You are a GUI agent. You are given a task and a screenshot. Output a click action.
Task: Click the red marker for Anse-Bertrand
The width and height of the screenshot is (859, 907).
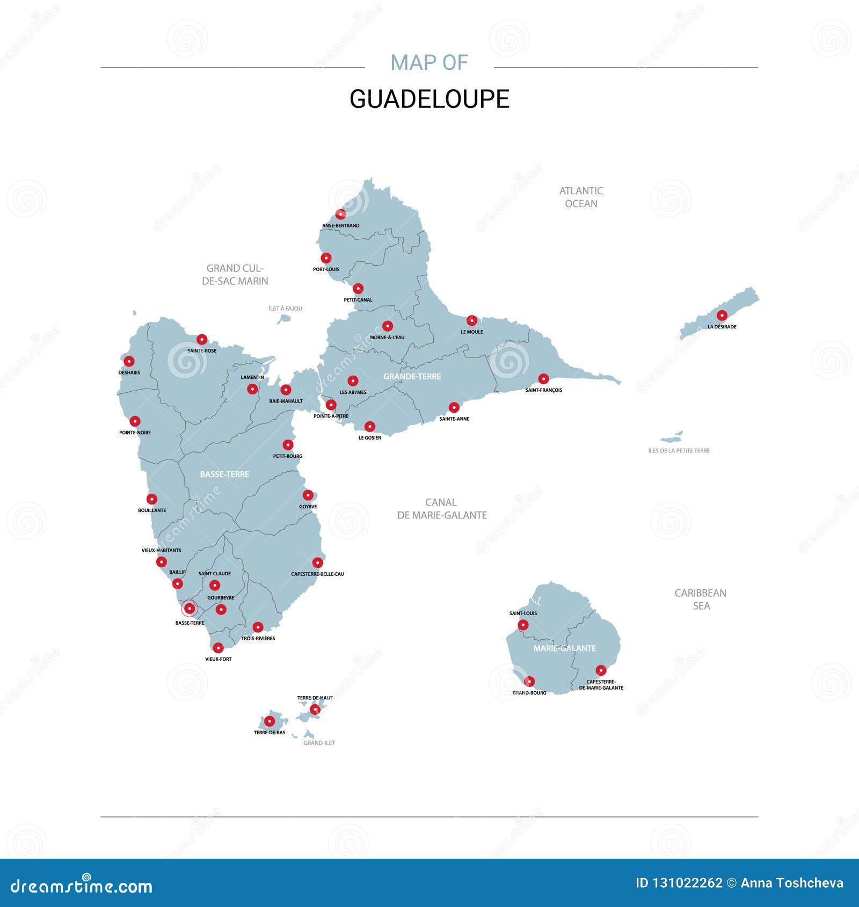click(x=340, y=214)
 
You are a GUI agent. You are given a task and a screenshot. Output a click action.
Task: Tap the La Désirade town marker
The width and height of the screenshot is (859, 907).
click(x=722, y=315)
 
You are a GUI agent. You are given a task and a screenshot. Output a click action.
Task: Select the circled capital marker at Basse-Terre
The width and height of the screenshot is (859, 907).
click(x=190, y=608)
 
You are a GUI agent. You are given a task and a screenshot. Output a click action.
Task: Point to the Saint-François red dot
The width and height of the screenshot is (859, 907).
click(x=544, y=379)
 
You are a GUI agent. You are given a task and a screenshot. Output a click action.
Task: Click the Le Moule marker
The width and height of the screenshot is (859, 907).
click(x=472, y=320)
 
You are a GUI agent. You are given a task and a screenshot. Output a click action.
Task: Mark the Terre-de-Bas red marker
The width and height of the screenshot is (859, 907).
click(x=270, y=721)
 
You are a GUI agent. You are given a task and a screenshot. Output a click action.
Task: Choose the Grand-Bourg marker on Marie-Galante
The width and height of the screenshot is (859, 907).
click(x=530, y=682)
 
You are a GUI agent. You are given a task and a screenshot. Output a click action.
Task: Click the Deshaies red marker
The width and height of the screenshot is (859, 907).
click(x=129, y=361)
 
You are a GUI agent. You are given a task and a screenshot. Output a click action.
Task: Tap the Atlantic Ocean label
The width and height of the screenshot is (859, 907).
click(x=581, y=197)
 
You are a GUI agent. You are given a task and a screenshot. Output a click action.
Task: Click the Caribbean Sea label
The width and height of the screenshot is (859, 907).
click(x=701, y=599)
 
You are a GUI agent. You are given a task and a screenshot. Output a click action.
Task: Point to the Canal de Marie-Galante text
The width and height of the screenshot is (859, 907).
click(x=442, y=509)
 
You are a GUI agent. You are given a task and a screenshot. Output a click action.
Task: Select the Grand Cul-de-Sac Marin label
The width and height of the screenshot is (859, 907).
click(x=235, y=274)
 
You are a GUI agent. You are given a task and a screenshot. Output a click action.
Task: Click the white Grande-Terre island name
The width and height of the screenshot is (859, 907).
click(x=412, y=376)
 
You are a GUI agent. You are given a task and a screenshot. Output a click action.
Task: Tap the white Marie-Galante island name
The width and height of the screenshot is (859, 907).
click(x=565, y=648)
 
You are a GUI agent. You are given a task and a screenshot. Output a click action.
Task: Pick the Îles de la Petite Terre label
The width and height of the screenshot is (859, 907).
click(x=679, y=451)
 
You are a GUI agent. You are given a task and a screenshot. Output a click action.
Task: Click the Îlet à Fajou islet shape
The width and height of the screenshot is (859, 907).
click(x=283, y=319)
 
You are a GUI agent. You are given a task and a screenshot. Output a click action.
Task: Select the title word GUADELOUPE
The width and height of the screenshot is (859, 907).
click(x=429, y=99)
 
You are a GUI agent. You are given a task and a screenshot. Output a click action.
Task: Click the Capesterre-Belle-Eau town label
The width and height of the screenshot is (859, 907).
click(x=317, y=574)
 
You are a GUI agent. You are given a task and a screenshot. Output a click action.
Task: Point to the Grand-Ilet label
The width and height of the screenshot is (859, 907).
click(x=319, y=743)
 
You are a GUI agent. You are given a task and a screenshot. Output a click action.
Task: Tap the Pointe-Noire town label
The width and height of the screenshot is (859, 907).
click(x=135, y=433)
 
